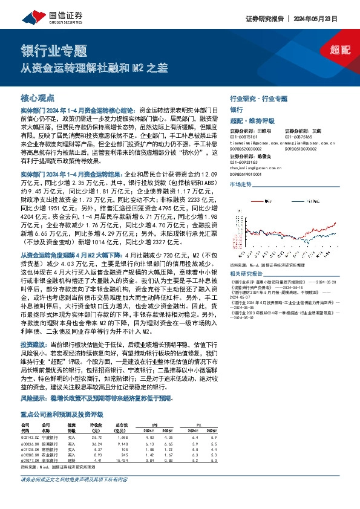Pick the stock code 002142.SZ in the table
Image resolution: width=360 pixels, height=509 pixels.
coord(28,436)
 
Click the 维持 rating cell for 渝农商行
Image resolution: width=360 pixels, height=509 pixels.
coord(72,459)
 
